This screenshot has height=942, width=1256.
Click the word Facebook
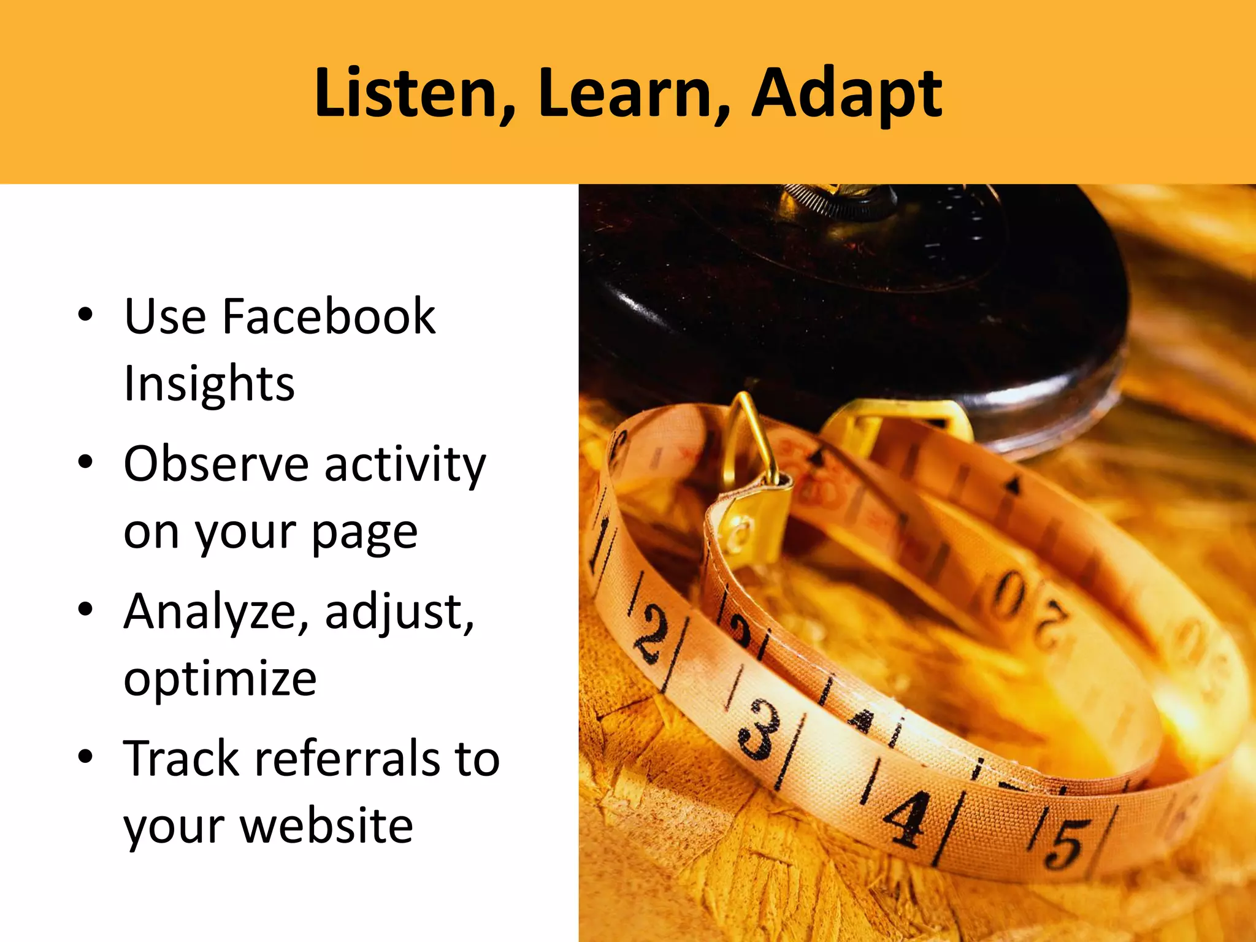coord(329,316)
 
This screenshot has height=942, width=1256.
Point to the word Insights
coord(209,384)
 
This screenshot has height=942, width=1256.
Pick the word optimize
coord(220,680)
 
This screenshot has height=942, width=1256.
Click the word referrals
coord(347,759)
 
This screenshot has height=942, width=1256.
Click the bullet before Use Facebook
coord(86,316)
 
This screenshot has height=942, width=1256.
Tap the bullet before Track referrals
coord(86,757)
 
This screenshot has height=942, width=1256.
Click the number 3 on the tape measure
coord(758,730)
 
